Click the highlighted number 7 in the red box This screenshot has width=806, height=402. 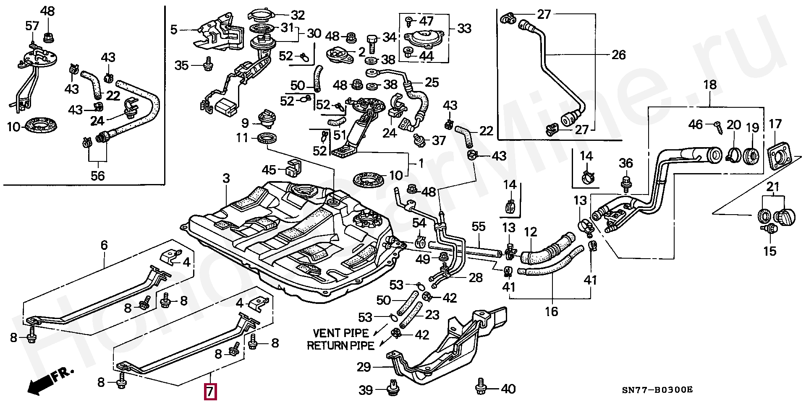[210, 392]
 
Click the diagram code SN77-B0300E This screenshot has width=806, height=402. [657, 390]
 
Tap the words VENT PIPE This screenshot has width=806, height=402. [341, 333]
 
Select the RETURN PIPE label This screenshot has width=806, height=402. [340, 346]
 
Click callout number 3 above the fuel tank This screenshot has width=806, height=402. [226, 179]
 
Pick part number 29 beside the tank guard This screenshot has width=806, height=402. [364, 367]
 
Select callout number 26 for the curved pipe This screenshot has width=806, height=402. [619, 55]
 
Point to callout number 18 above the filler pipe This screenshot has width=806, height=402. [710, 85]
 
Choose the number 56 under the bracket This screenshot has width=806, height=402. [98, 176]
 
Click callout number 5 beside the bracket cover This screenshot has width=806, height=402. [174, 30]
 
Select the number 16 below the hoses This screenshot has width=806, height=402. [552, 311]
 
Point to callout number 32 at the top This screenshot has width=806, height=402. [298, 15]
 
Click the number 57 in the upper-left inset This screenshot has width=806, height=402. [32, 26]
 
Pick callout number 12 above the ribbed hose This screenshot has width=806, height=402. [531, 232]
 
